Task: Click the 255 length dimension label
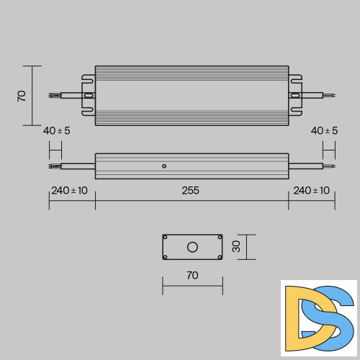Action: pyautogui.click(x=191, y=191)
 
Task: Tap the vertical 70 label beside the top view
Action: pyautogui.click(x=22, y=95)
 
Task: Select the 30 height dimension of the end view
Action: pyautogui.click(x=235, y=246)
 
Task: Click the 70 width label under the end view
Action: pyautogui.click(x=192, y=275)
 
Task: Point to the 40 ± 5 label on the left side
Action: pyautogui.click(x=57, y=131)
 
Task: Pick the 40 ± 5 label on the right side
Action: pyautogui.click(x=325, y=131)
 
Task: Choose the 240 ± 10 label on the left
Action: pyautogui.click(x=69, y=191)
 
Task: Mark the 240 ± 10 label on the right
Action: pyautogui.click(x=311, y=191)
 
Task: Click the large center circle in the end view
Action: pyautogui.click(x=192, y=247)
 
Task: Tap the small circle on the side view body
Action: pyautogui.click(x=164, y=166)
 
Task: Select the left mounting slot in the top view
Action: pyautogui.click(x=89, y=94)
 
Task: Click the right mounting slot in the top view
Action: pyautogui.click(x=295, y=94)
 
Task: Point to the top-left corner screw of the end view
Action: pyautogui.click(x=166, y=238)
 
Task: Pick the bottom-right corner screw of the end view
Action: pyautogui.click(x=219, y=256)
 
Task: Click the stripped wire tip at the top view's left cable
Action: pyautogui.click(x=52, y=94)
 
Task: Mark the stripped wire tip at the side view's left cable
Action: pyautogui.click(x=52, y=166)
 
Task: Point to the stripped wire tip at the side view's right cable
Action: pyautogui.click(x=331, y=166)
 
